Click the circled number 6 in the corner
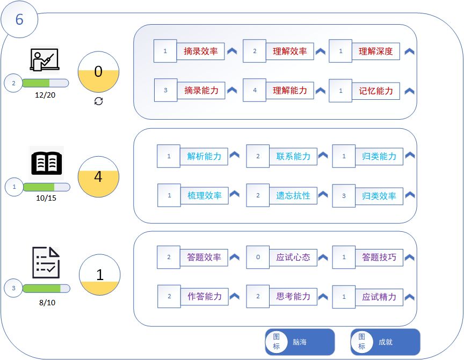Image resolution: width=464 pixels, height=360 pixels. (x=19, y=20)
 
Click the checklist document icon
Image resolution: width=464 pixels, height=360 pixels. (x=46, y=262)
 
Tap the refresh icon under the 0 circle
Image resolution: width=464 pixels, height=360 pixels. (x=98, y=101)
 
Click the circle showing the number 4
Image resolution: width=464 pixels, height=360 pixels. (x=98, y=177)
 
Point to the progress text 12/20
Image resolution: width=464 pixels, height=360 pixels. (x=45, y=94)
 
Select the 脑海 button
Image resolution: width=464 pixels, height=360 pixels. (x=300, y=342)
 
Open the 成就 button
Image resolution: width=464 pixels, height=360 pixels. (x=385, y=342)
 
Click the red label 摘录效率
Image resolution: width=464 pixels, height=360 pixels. (x=201, y=52)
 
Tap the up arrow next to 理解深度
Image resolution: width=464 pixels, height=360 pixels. (x=409, y=52)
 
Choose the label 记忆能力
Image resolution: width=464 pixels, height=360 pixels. (x=376, y=91)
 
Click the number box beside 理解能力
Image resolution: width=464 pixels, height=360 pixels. (x=255, y=91)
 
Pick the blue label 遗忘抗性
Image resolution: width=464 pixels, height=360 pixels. (x=293, y=196)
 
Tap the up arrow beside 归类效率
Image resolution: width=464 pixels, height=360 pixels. (x=410, y=195)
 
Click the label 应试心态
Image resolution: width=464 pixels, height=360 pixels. (x=293, y=257)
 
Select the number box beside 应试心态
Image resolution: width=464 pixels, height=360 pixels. (x=258, y=257)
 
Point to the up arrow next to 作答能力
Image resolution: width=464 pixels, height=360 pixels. (x=235, y=296)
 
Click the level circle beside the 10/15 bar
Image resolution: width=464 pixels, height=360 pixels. (x=14, y=187)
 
